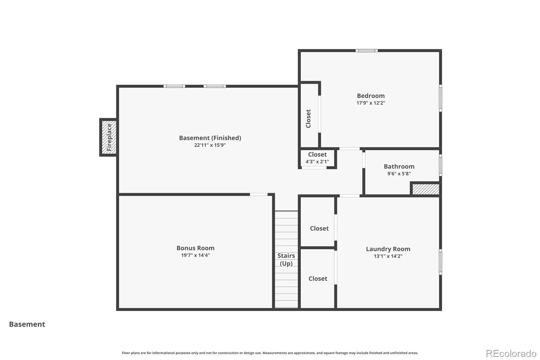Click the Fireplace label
pyautogui.click(x=109, y=137)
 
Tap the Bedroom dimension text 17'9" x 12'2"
pyautogui.click(x=371, y=103)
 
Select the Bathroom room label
pyautogui.click(x=399, y=166)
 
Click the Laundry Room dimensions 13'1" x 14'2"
pyautogui.click(x=388, y=256)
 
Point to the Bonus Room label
pyautogui.click(x=195, y=248)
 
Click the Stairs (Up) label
pyautogui.click(x=286, y=259)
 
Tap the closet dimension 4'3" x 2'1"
pyautogui.click(x=317, y=162)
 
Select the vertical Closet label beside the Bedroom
pyautogui.click(x=308, y=119)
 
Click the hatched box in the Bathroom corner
pyautogui.click(x=426, y=189)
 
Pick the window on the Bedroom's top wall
pyautogui.click(x=367, y=51)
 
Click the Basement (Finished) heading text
pyautogui.click(x=210, y=138)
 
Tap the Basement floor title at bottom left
pyautogui.click(x=27, y=324)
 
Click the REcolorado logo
pyautogui.click(x=511, y=354)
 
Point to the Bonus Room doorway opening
pyautogui.click(x=259, y=195)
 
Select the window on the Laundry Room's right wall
pyautogui.click(x=440, y=262)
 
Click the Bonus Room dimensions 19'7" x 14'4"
pyautogui.click(x=195, y=255)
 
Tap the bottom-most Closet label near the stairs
pyautogui.click(x=318, y=279)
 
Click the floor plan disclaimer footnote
pyautogui.click(x=270, y=353)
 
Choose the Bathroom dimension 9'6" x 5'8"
pyautogui.click(x=399, y=174)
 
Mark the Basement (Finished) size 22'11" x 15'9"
pyautogui.click(x=210, y=145)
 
